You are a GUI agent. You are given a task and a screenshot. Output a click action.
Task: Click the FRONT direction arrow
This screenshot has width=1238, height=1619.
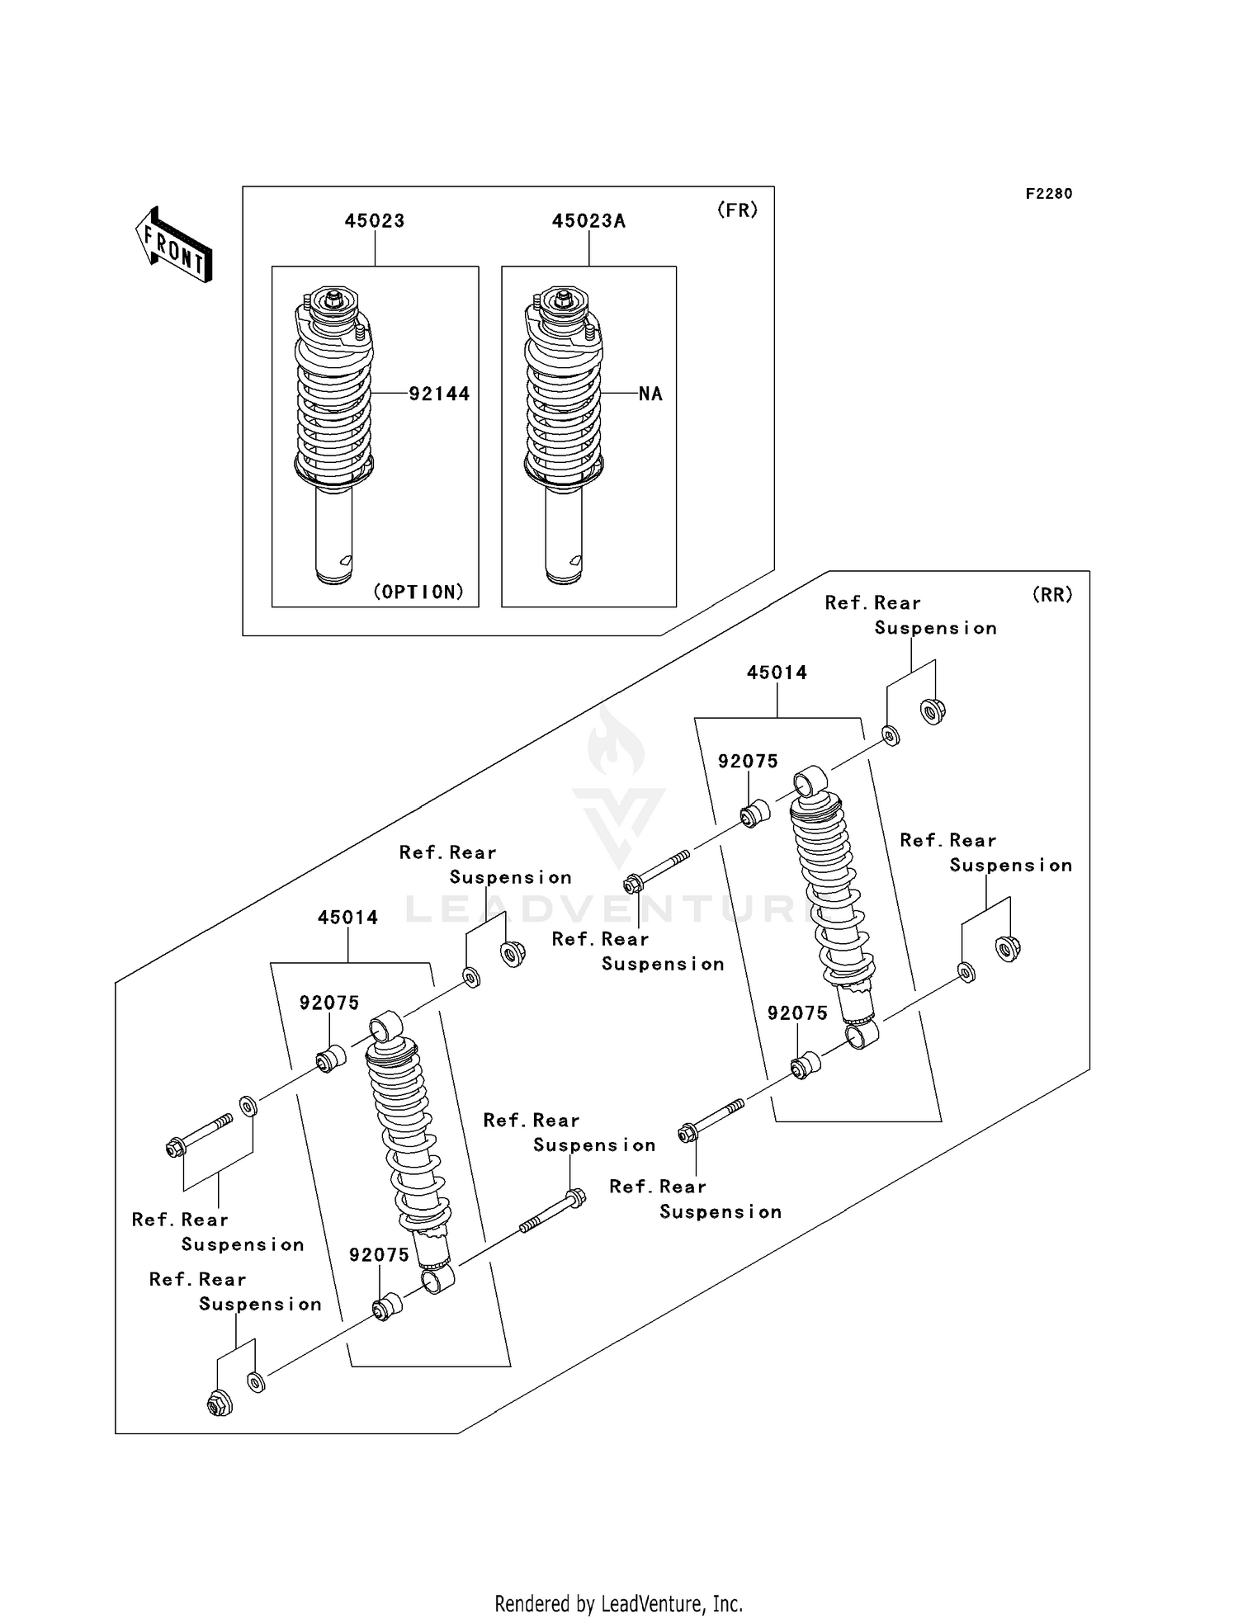[x=174, y=245]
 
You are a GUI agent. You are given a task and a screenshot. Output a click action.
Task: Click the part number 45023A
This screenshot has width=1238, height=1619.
[x=588, y=221]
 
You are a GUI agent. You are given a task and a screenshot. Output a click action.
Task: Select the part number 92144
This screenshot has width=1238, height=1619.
[x=439, y=394]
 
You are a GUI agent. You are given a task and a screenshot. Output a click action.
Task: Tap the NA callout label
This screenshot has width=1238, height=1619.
[x=650, y=394]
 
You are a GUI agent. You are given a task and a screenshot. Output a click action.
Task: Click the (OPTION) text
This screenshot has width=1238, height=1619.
[x=418, y=592]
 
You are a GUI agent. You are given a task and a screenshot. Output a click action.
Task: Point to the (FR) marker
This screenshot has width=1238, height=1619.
[x=737, y=210]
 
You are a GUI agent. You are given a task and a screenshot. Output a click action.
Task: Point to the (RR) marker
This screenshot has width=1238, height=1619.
[x=1052, y=595]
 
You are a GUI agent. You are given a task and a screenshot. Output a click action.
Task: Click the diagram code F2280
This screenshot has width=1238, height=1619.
[x=1049, y=194]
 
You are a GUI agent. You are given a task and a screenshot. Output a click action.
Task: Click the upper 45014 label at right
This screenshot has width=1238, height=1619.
[x=777, y=673]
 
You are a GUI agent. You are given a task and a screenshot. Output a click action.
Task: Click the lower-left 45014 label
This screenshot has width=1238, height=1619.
[x=347, y=918]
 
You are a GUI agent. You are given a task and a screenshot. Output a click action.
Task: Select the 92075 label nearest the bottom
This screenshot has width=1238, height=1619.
[x=379, y=1255]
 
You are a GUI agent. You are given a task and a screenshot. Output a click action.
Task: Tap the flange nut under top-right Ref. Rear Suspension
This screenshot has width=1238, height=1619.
[x=933, y=710]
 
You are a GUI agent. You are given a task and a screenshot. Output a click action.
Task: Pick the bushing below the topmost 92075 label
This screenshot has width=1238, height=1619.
[x=755, y=813]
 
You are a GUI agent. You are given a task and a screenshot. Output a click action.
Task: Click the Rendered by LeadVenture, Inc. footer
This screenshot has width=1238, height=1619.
[x=618, y=1603]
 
